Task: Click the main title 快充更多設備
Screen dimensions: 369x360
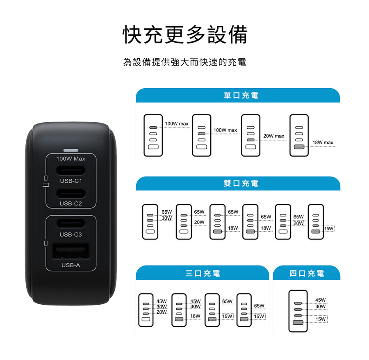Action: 185,35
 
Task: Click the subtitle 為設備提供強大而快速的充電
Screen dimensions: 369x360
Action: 185,62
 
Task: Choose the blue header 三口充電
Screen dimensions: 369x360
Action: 203,273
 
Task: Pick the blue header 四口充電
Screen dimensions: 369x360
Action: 307,273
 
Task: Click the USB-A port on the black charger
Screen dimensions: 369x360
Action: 71,251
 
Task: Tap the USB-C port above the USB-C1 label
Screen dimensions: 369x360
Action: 71,170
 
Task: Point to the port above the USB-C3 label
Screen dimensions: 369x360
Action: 71,223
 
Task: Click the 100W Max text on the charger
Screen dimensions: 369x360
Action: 71,159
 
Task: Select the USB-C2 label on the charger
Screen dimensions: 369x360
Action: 71,203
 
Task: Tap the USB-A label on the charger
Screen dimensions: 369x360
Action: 71,265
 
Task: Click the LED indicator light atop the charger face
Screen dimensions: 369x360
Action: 71,150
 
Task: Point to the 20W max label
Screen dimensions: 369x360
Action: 274,136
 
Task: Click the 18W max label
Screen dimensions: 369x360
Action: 323,143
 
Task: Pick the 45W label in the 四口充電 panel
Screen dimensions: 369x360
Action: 320,300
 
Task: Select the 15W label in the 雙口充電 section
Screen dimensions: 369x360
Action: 329,228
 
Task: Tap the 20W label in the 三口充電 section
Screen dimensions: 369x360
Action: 162,312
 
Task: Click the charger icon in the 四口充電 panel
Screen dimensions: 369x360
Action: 298,311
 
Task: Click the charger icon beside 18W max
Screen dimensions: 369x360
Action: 299,135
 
